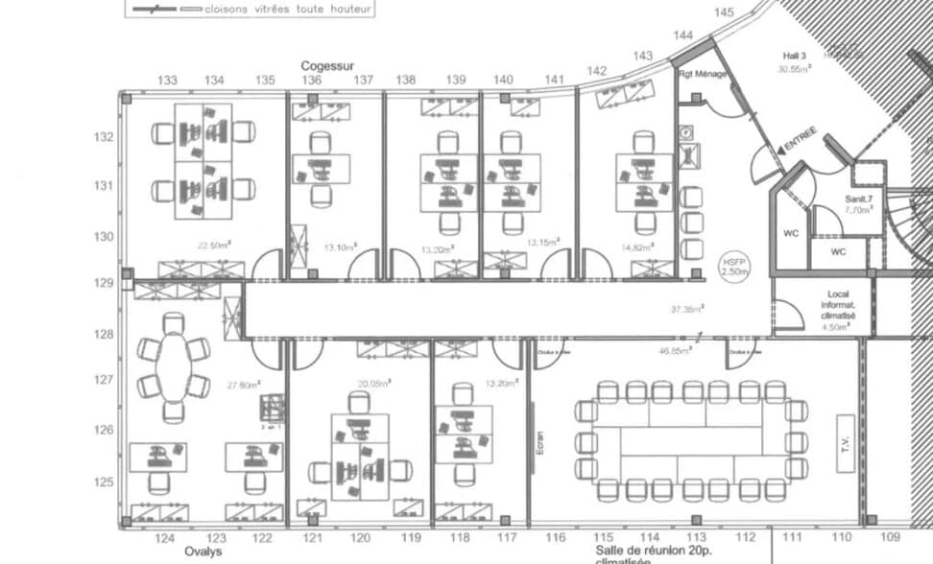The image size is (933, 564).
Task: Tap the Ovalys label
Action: pyautogui.click(x=203, y=552)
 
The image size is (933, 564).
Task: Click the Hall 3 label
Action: pyautogui.click(x=792, y=57)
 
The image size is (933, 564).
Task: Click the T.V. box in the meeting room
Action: pyautogui.click(x=846, y=440)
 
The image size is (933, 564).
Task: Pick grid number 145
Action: pyautogui.click(x=724, y=12)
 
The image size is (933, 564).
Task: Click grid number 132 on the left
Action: pyautogui.click(x=104, y=137)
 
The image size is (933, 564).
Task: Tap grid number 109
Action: pyautogui.click(x=890, y=537)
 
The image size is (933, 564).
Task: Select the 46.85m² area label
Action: pyautogui.click(x=675, y=352)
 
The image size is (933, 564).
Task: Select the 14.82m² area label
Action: pyautogui.click(x=635, y=247)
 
